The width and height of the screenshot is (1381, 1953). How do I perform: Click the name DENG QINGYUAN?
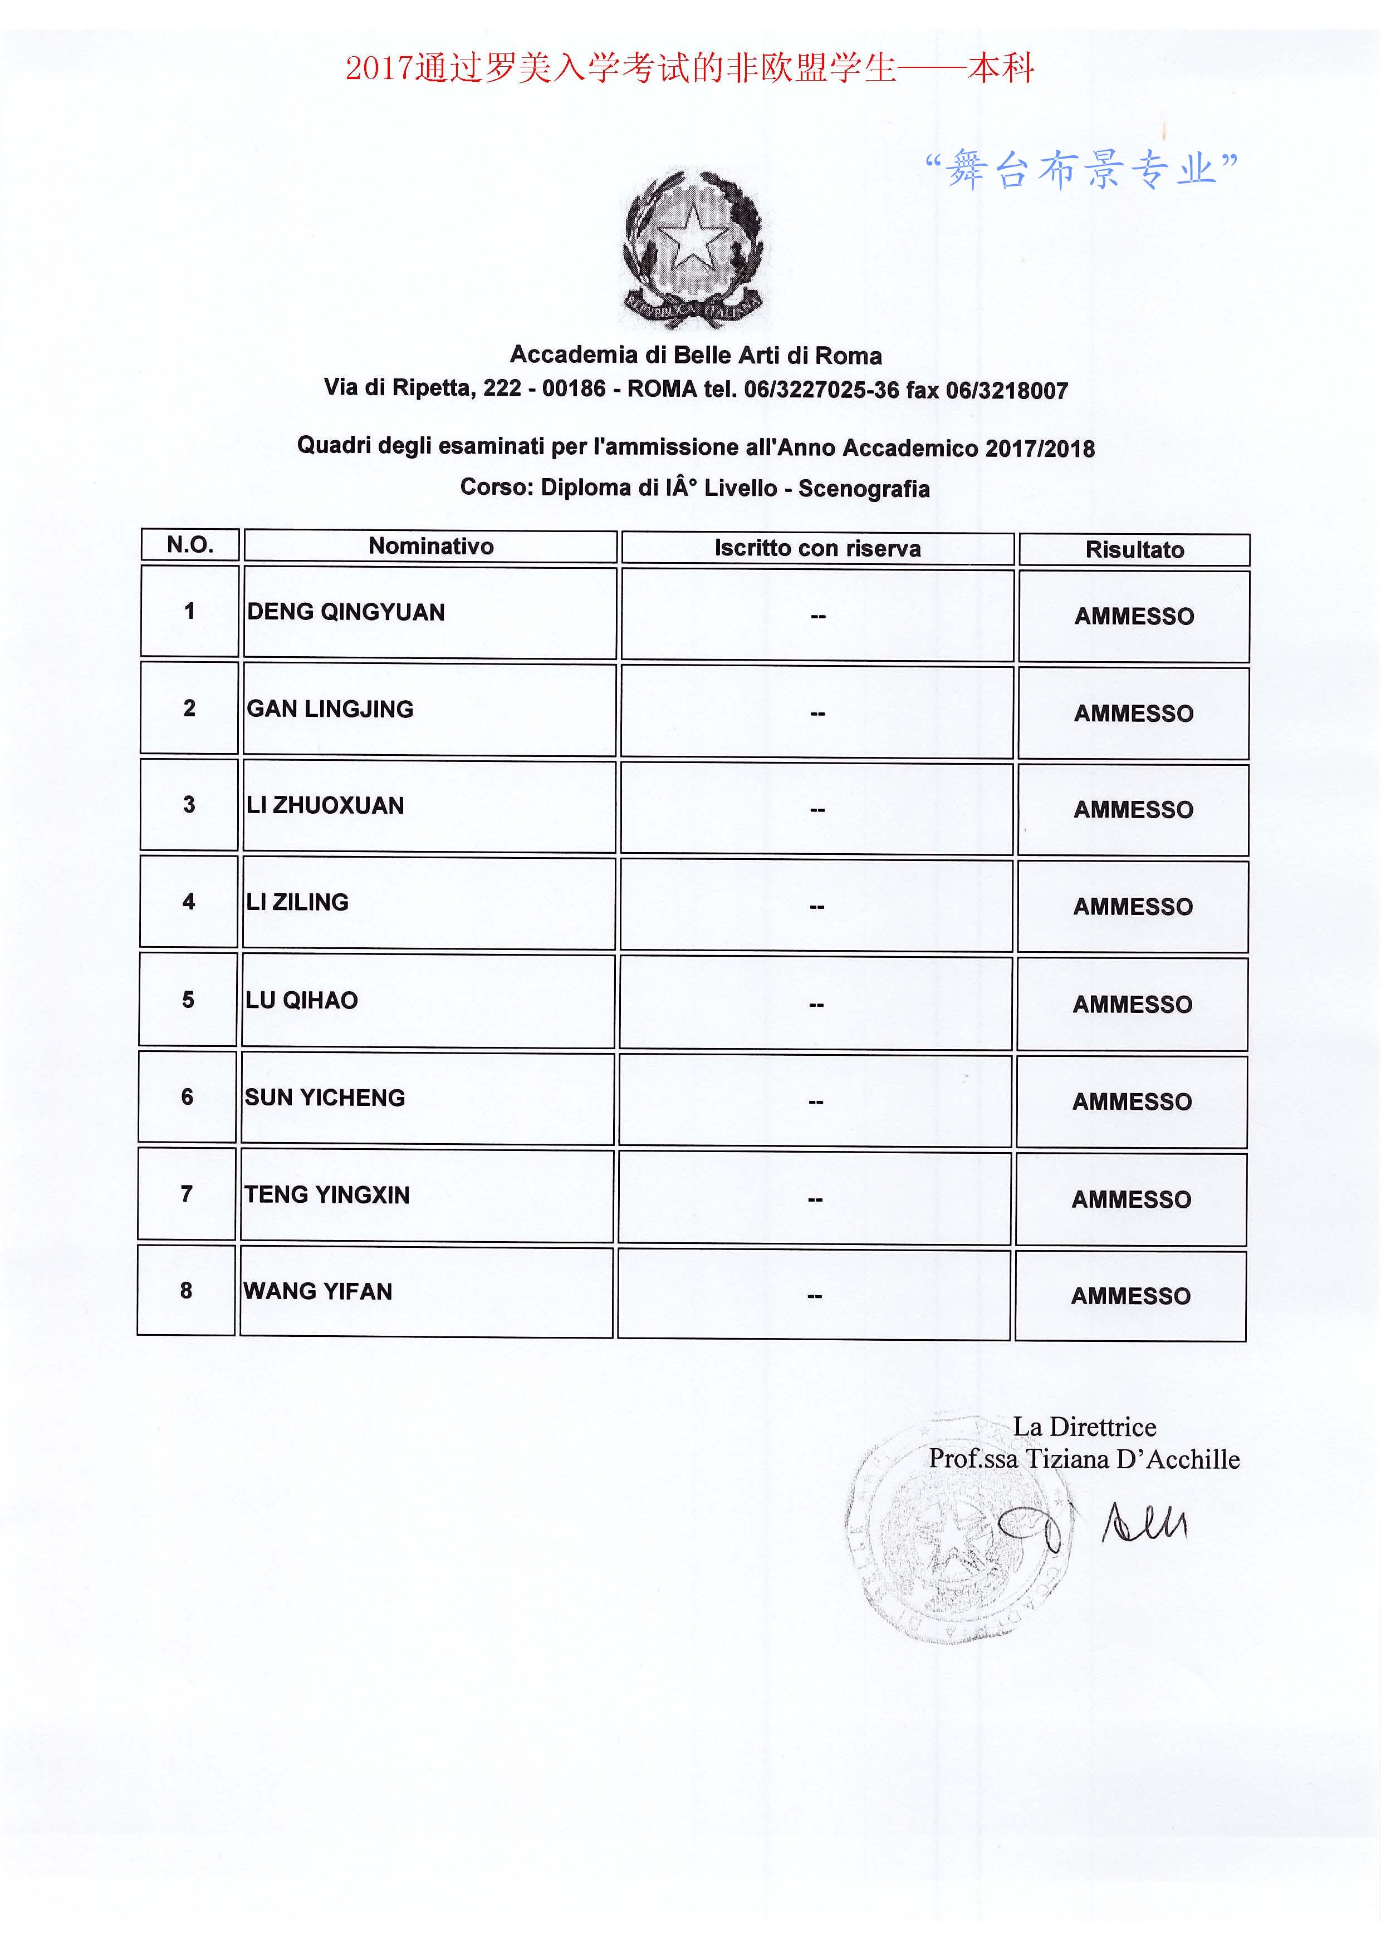coord(345,612)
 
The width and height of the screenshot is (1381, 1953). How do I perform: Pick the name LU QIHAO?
coord(301,1000)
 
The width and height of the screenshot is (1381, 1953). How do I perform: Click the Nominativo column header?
coord(430,546)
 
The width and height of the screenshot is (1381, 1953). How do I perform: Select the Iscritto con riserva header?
coord(817,549)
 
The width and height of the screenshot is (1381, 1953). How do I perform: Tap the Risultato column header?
coord(1134,550)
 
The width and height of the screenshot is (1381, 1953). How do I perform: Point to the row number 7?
coord(187,1194)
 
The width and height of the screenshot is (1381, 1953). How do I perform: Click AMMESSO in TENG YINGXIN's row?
coord(1131,1200)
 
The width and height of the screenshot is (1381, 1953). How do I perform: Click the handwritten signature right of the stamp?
coord(1144,1523)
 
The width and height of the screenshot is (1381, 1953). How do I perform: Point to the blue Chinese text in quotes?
coord(1081,169)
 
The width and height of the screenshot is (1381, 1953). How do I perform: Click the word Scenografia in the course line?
coord(864,489)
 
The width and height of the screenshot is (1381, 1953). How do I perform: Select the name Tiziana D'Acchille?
coord(1132,1460)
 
